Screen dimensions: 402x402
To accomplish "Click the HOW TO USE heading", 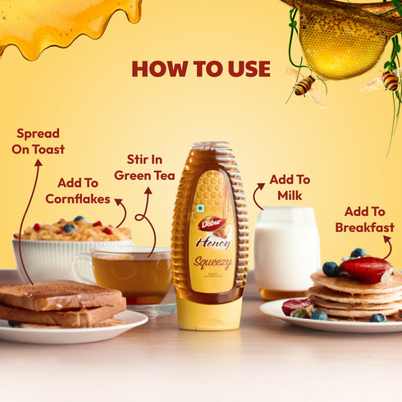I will pos(201,68).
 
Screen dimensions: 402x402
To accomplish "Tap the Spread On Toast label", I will pos(38,141).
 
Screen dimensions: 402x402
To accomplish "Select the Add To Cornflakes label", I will pos(78,191).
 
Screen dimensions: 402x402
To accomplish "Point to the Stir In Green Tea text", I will pos(144,167).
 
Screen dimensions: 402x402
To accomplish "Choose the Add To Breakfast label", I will pos(364,219).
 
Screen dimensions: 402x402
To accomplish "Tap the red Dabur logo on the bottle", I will pos(210,223).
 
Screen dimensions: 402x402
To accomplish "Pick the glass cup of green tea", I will pos(131,276).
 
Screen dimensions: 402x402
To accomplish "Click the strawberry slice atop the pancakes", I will pos(367,267).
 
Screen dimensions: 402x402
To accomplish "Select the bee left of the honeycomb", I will pos(303,84).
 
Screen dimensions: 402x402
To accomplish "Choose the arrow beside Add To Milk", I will pos(258,195).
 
